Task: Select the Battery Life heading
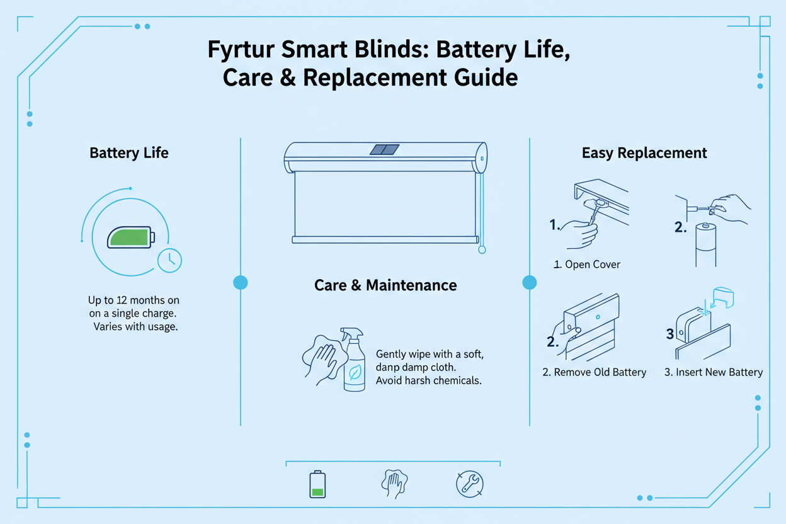(129, 153)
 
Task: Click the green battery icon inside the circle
(130, 237)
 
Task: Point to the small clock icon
(169, 260)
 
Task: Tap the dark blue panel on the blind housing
(384, 149)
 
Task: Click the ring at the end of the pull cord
(482, 249)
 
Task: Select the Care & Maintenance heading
(385, 285)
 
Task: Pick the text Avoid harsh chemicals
(428, 381)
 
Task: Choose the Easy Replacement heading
(644, 153)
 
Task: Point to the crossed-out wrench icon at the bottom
(469, 484)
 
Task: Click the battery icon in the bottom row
(318, 484)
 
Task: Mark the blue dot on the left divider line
(241, 282)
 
